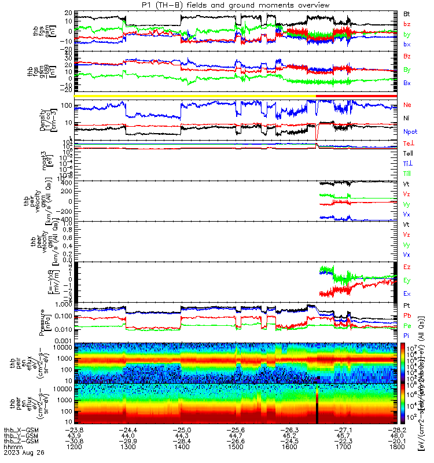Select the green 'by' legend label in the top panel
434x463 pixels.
407,35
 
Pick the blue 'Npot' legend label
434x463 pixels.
410,132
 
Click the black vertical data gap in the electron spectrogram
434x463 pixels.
318,402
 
